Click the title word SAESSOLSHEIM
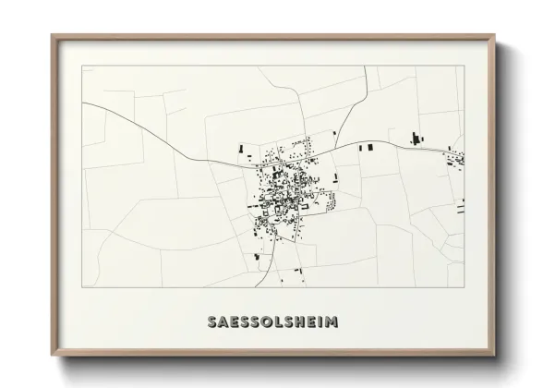pos(272,322)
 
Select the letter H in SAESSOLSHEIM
pos(297,322)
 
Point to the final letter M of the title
pos(332,322)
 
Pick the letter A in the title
pos(225,322)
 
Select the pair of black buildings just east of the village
pos(366,147)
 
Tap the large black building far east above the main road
pos(415,138)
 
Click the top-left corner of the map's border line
pos(83,66)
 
